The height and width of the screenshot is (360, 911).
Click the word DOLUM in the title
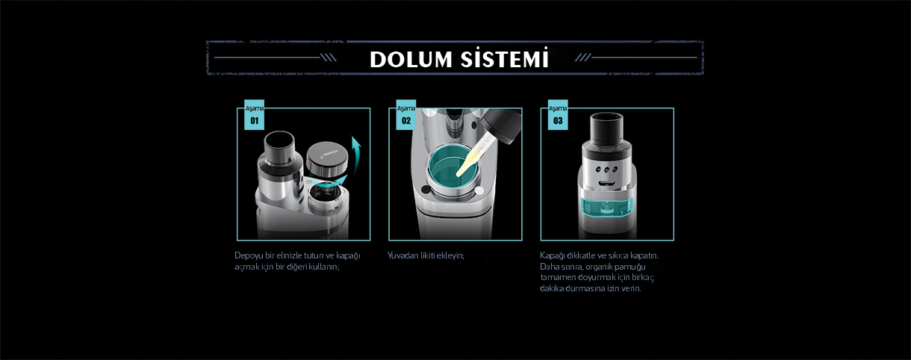pos(411,60)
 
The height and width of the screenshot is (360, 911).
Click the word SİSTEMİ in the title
pos(505,58)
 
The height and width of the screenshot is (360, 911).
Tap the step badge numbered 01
pos(254,115)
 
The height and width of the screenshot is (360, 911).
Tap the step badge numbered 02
pos(406,115)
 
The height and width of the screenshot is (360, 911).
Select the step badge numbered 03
pos(558,115)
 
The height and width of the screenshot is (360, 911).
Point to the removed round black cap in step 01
pos(328,158)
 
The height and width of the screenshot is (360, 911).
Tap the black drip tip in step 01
pos(279,147)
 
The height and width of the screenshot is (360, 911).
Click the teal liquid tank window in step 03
pos(607,208)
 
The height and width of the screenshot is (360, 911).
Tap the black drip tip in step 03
pos(606,127)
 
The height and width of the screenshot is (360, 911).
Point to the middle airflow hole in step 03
pos(606,170)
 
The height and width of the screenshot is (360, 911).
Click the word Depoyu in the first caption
pos(249,256)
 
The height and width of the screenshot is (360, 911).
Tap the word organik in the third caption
pos(599,267)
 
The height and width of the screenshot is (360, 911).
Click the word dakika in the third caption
pos(552,288)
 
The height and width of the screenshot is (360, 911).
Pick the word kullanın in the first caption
pos(324,267)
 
